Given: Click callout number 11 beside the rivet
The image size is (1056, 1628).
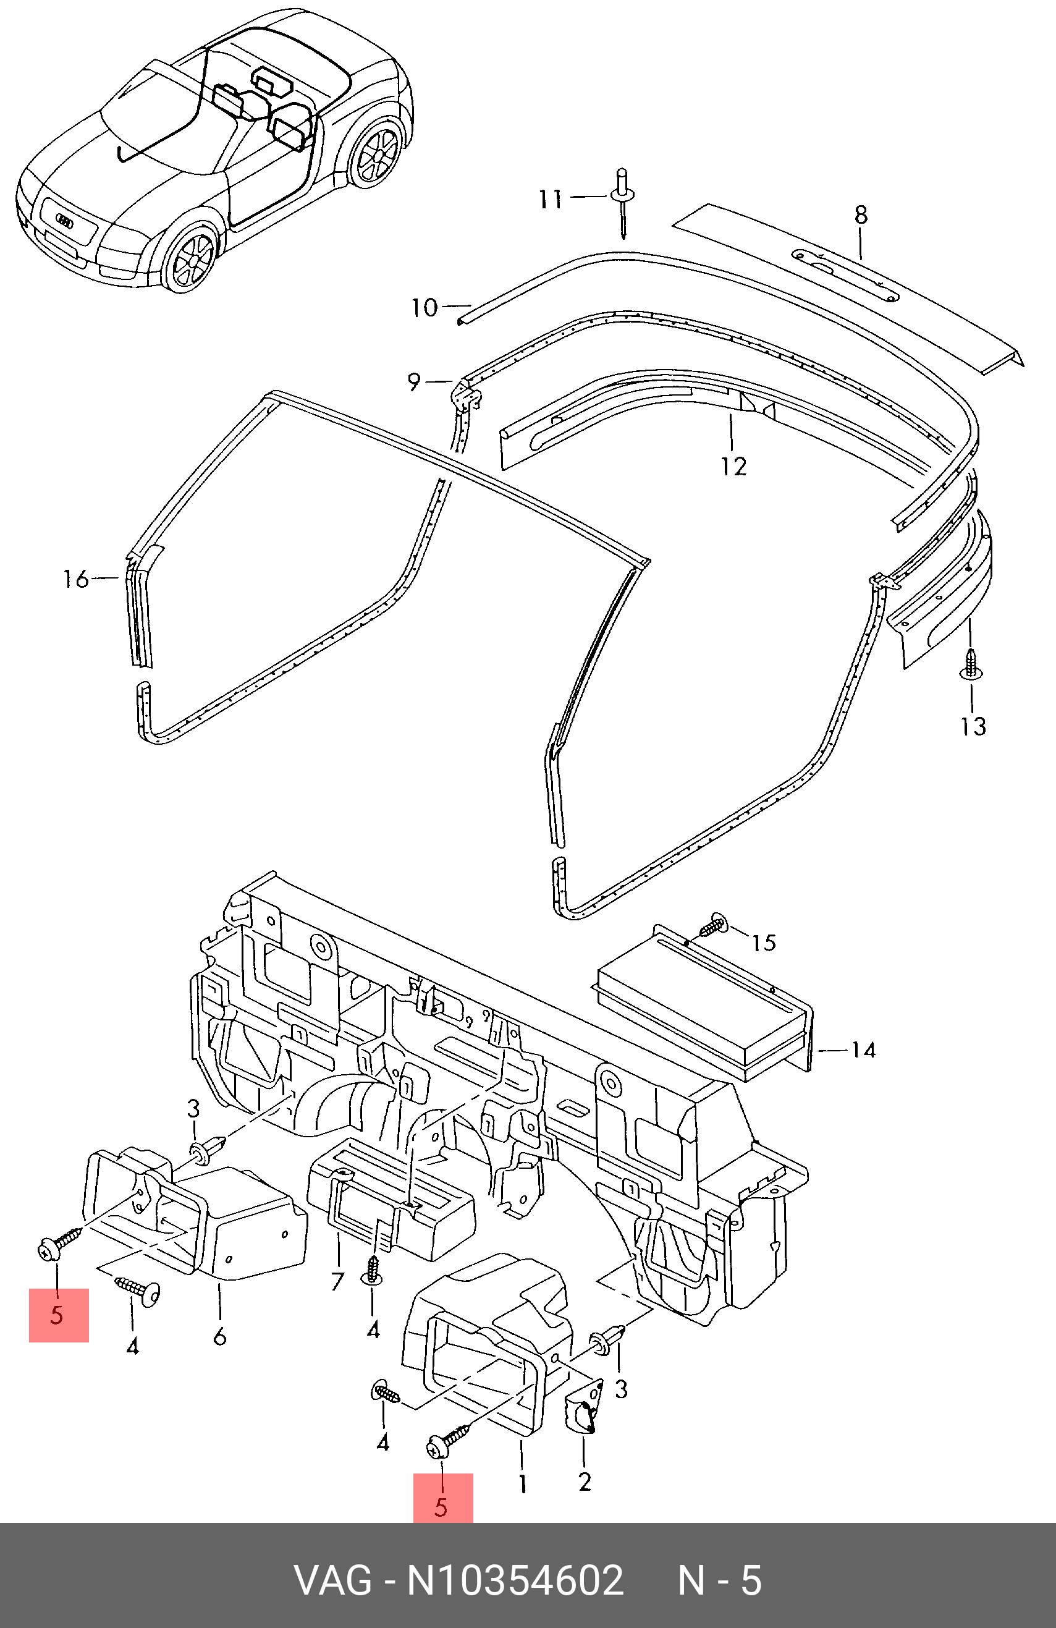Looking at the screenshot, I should click(551, 200).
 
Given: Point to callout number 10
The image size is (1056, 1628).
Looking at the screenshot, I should click(424, 308).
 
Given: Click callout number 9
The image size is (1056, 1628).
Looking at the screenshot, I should click(414, 382).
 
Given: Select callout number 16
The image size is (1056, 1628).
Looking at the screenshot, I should click(77, 579).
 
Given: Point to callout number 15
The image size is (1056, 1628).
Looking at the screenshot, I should click(764, 943).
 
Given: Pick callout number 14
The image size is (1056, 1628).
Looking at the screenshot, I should click(864, 1049).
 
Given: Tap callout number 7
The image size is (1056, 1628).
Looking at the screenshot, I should click(337, 1281).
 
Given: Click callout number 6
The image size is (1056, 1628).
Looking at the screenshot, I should click(219, 1336).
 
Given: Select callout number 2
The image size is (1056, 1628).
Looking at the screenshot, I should click(584, 1482).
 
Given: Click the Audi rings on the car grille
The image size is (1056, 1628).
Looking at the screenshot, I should click(64, 220).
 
